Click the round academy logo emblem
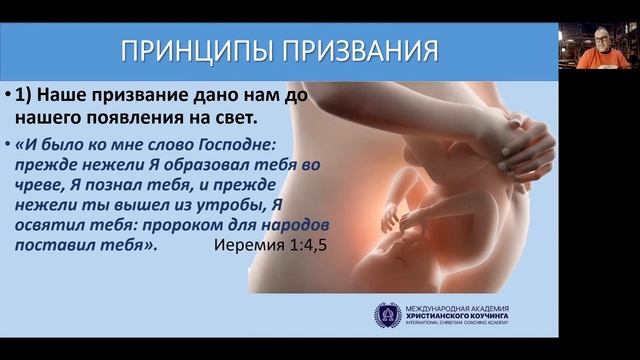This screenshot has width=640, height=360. pos(387,315)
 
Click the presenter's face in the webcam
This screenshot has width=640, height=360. pos(601,40)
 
